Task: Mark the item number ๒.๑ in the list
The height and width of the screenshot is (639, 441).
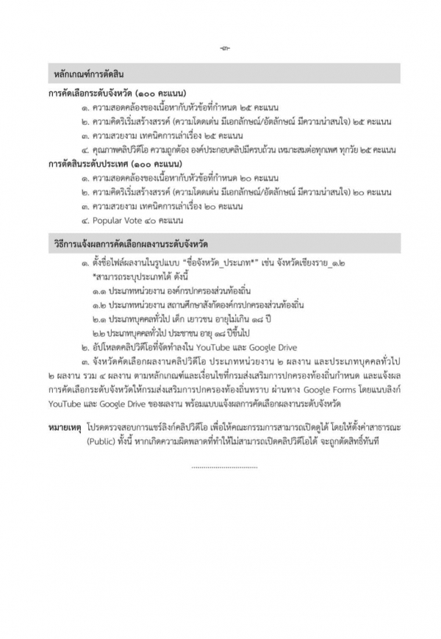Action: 98,318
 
